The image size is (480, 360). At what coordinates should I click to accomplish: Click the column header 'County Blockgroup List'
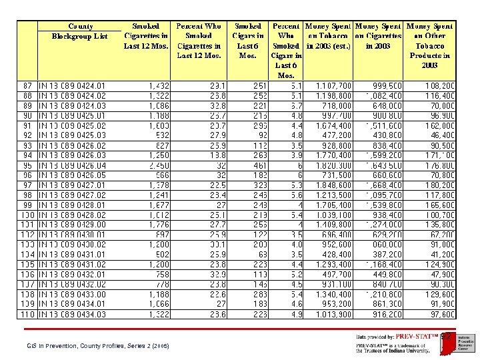tap(80, 31)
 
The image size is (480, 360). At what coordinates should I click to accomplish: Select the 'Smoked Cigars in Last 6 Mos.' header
tap(247, 41)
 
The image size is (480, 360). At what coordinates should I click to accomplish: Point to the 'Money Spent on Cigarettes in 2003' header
tap(378, 36)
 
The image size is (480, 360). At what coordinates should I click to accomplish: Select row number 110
tap(27, 314)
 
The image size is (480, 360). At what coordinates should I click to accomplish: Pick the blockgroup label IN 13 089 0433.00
tap(72, 294)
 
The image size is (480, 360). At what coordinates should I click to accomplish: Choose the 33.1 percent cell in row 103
tap(213, 244)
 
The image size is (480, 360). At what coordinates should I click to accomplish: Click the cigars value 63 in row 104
tap(261, 255)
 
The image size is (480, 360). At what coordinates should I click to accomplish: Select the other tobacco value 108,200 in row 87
tap(440, 86)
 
